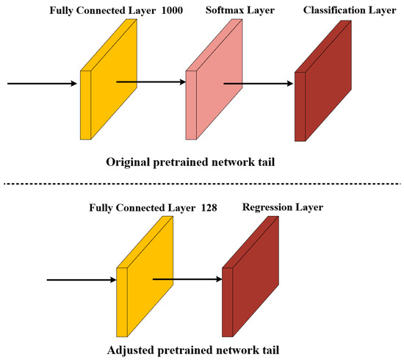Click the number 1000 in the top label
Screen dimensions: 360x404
[190, 10]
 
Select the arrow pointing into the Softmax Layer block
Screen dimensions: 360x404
[151, 84]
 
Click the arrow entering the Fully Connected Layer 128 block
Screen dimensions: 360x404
[81, 279]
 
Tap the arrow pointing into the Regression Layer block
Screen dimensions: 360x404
[187, 279]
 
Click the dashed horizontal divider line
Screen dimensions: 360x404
[202, 183]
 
